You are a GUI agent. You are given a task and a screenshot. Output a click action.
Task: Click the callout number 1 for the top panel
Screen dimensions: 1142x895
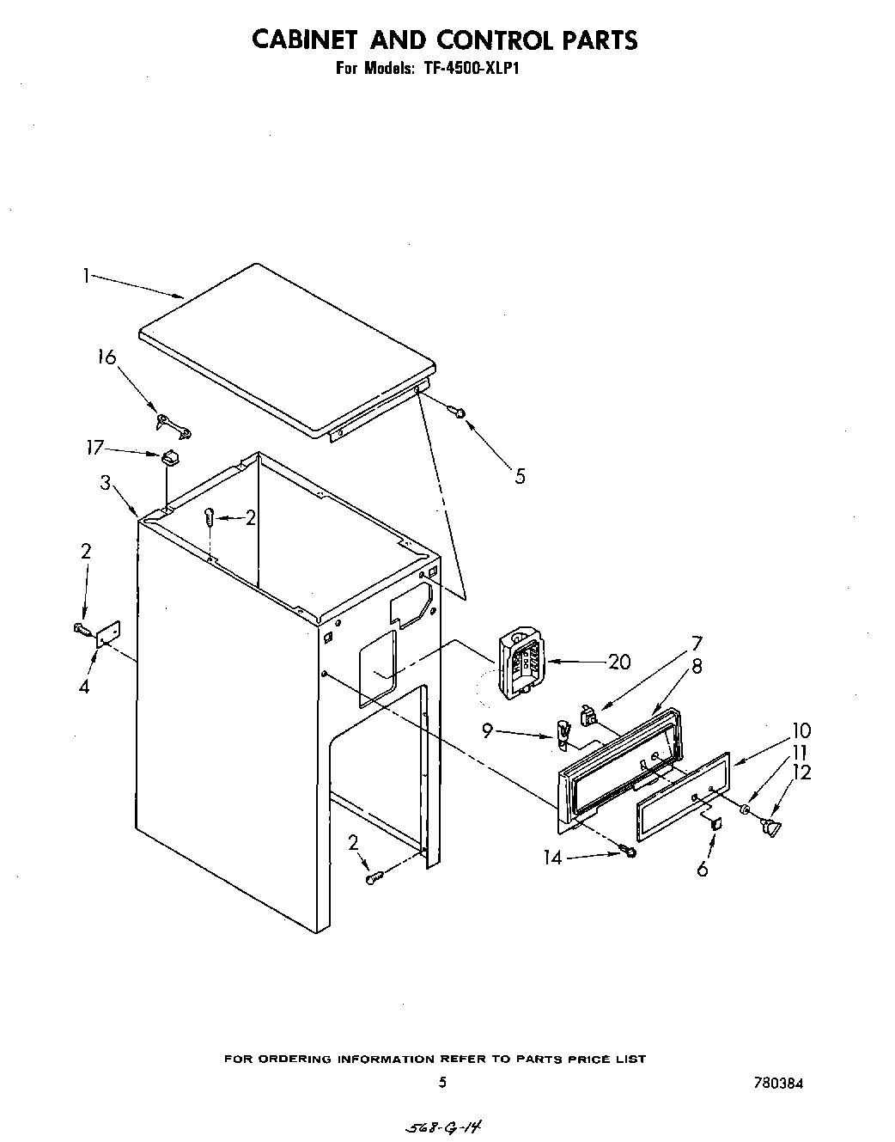86,276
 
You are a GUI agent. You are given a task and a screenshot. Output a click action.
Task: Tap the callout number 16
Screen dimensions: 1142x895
107,357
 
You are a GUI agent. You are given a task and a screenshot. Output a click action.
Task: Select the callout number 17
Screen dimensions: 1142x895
94,447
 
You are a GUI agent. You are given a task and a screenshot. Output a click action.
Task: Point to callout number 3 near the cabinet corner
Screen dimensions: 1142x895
105,483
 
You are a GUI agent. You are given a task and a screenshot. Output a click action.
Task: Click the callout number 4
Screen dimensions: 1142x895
84,686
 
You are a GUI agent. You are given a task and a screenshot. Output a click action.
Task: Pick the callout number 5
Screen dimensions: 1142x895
520,476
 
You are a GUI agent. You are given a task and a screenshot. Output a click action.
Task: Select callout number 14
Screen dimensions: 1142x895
553,857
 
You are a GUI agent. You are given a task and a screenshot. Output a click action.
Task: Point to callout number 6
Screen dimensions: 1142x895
703,870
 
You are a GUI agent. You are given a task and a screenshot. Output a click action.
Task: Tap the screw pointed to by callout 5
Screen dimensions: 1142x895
460,412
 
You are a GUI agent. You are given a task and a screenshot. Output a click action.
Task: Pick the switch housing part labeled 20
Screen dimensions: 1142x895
518,662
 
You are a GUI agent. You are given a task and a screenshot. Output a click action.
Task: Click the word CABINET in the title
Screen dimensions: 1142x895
309,40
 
